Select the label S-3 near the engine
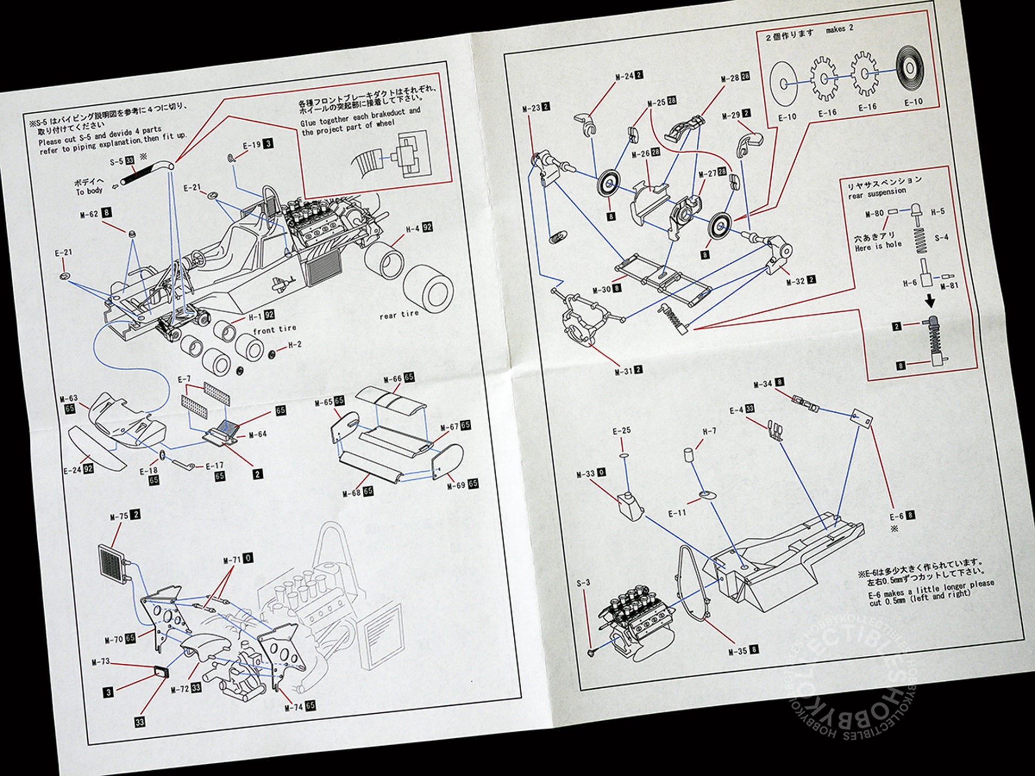(583, 583)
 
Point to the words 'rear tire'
(399, 315)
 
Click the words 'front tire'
(274, 330)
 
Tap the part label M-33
(586, 474)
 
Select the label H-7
(710, 431)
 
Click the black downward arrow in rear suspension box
(929, 302)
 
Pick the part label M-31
(623, 371)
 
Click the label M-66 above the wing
(393, 379)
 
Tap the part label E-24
(72, 470)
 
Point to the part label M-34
(763, 383)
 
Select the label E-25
(621, 431)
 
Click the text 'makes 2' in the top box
(839, 29)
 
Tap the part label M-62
(89, 214)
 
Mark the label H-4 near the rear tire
(413, 229)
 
